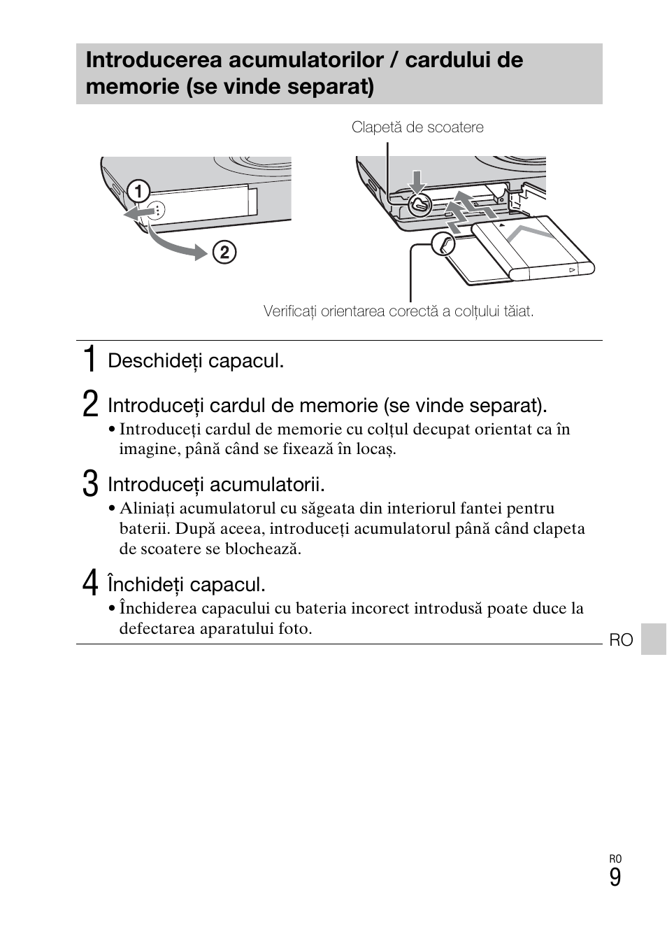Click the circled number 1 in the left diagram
[x=138, y=190]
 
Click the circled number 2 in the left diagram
[x=224, y=252]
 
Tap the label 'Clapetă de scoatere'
[x=417, y=127]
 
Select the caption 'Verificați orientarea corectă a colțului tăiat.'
[x=398, y=311]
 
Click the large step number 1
[x=89, y=360]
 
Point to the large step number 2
[x=89, y=405]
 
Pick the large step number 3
[x=89, y=484]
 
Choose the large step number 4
[x=89, y=584]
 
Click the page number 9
[x=615, y=878]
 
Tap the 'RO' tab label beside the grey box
[x=621, y=640]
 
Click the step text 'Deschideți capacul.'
[x=196, y=361]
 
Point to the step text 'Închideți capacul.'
[x=187, y=585]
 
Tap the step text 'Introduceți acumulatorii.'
[x=216, y=485]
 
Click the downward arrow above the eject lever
[x=417, y=181]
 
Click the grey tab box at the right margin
[x=653, y=639]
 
